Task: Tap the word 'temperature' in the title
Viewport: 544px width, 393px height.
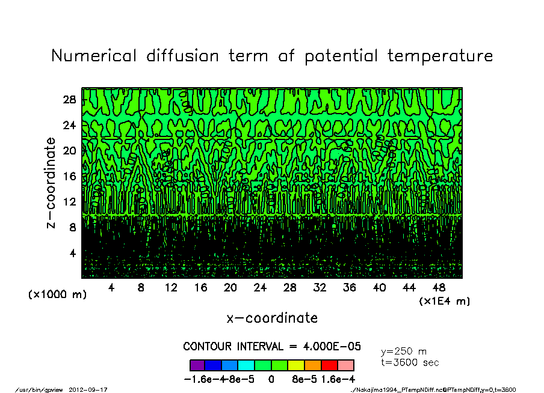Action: (x=440, y=57)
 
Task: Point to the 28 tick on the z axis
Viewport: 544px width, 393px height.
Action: (x=69, y=100)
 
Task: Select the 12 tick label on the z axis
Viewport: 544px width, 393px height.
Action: (x=69, y=202)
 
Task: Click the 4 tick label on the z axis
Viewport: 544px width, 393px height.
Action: (x=72, y=253)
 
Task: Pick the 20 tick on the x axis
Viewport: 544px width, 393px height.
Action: (x=230, y=288)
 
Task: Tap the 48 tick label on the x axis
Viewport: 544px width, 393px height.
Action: (x=439, y=288)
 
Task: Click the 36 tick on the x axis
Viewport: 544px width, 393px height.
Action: (x=350, y=288)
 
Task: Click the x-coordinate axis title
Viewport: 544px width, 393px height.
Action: (x=272, y=318)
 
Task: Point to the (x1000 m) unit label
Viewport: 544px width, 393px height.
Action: (x=58, y=295)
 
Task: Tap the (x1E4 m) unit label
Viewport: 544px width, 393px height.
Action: (x=445, y=301)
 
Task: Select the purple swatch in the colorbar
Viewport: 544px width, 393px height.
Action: (x=197, y=365)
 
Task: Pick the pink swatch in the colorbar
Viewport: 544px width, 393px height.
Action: (x=346, y=365)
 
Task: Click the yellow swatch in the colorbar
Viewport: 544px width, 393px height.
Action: (x=296, y=365)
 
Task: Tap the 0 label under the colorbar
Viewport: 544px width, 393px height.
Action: (x=271, y=380)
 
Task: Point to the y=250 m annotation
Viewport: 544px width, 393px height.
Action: (x=404, y=352)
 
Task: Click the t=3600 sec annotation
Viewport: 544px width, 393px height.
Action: (x=410, y=362)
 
